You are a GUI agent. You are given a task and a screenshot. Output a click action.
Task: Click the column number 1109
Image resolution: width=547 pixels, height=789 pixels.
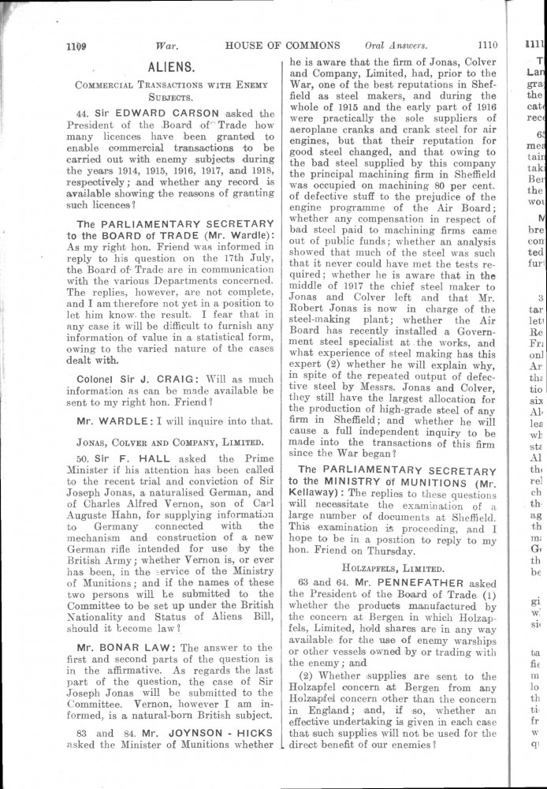pyautogui.click(x=76, y=47)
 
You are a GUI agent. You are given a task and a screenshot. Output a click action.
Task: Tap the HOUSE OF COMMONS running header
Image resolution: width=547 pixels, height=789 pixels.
pyautogui.click(x=282, y=46)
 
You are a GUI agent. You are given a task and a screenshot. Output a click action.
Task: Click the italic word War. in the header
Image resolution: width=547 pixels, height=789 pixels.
pyautogui.click(x=167, y=46)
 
